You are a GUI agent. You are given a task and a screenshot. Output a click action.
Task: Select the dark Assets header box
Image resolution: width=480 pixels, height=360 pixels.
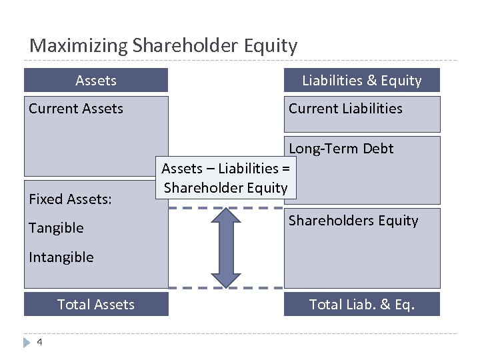click(x=96, y=81)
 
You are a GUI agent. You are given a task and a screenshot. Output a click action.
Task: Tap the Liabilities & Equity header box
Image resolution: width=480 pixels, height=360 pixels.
click(x=362, y=81)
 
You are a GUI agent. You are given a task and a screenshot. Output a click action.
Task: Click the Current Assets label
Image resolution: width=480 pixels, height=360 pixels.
click(x=76, y=109)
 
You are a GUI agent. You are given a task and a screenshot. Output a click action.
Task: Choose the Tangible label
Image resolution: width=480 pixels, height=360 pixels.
click(x=56, y=228)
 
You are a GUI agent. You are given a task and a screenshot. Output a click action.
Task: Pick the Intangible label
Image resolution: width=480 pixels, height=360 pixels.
click(x=61, y=257)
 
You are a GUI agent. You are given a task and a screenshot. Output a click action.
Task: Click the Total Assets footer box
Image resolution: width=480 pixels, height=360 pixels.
click(x=96, y=305)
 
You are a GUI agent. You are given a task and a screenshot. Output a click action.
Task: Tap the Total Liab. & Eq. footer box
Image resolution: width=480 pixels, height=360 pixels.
click(x=362, y=305)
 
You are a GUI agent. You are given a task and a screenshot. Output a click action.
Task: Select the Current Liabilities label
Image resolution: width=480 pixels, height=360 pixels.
click(x=345, y=109)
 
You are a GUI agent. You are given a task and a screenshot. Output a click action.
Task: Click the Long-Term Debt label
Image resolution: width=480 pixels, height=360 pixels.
click(x=341, y=149)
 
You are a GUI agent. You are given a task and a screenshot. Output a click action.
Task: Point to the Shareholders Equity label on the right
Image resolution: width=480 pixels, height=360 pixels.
click(x=353, y=221)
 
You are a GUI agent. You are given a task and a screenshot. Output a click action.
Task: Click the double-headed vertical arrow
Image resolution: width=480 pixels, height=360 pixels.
click(x=225, y=247)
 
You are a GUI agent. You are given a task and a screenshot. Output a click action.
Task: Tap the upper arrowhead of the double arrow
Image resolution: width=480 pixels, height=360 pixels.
click(x=225, y=216)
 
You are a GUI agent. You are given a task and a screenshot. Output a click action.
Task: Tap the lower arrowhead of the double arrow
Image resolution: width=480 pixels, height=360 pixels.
click(x=225, y=278)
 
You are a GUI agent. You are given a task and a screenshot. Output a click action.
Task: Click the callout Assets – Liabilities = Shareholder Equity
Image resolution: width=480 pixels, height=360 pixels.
click(x=225, y=178)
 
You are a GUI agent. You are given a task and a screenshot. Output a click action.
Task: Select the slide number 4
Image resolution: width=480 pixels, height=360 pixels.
click(x=39, y=342)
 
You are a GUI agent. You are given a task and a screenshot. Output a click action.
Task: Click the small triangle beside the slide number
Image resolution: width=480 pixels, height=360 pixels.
click(x=27, y=342)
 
